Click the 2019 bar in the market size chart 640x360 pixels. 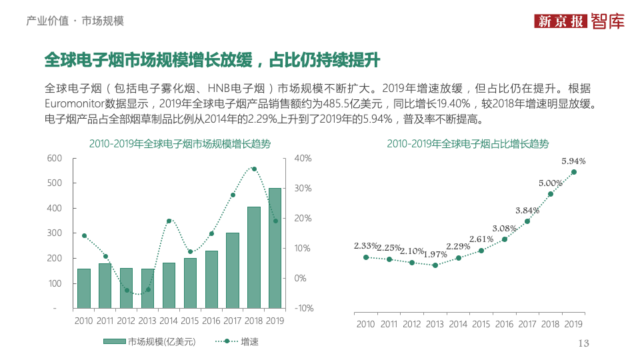point(275,248)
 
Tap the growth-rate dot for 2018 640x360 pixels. point(254,169)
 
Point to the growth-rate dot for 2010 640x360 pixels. point(84,235)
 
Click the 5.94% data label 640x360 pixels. point(573,161)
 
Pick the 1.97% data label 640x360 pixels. point(435,255)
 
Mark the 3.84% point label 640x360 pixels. point(527,211)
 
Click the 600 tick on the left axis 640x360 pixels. point(55,158)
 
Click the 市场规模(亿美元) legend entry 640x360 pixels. point(150,341)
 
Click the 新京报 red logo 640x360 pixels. point(561,21)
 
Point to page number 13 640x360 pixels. point(584,343)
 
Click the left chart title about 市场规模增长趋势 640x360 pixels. point(180,144)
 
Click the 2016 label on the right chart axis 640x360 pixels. point(504,325)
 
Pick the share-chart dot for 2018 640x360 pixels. point(551,194)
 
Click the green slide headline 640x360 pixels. point(211,60)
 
